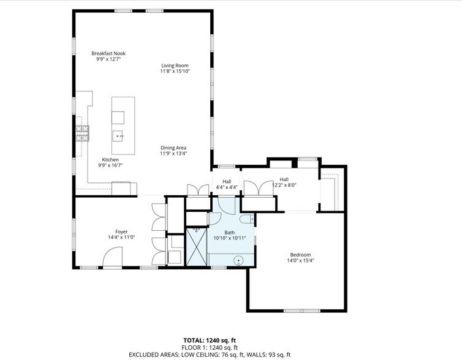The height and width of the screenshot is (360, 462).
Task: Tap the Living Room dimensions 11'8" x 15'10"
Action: tap(175, 72)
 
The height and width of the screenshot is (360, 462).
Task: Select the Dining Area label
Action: tap(173, 148)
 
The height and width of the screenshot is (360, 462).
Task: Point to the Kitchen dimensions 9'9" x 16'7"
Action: tap(110, 165)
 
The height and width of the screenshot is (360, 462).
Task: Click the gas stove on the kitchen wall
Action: tap(82, 133)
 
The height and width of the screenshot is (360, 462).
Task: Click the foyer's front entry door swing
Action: tap(112, 258)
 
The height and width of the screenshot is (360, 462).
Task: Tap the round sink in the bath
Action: tap(238, 260)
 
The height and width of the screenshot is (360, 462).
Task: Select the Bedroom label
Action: tap(300, 255)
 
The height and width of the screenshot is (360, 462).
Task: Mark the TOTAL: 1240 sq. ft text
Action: tap(209, 340)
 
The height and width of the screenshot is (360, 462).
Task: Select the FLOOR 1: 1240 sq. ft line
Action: tap(209, 347)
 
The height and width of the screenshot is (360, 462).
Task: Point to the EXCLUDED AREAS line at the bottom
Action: tap(209, 354)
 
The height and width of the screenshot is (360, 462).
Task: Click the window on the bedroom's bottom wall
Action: tap(301, 310)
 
